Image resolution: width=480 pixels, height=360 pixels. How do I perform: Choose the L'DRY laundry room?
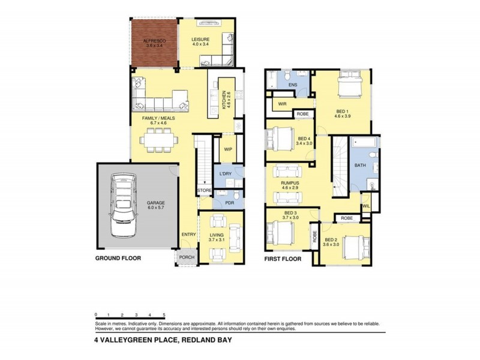pos(226,174)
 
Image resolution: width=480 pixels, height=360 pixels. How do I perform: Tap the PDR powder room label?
pos(229,203)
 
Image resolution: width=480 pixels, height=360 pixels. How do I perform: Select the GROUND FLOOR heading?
pos(117,259)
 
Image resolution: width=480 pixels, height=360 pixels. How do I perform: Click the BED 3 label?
pos(290,213)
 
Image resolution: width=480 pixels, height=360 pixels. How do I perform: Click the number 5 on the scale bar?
pos(164,315)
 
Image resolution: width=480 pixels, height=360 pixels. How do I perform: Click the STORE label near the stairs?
pos(205,191)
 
